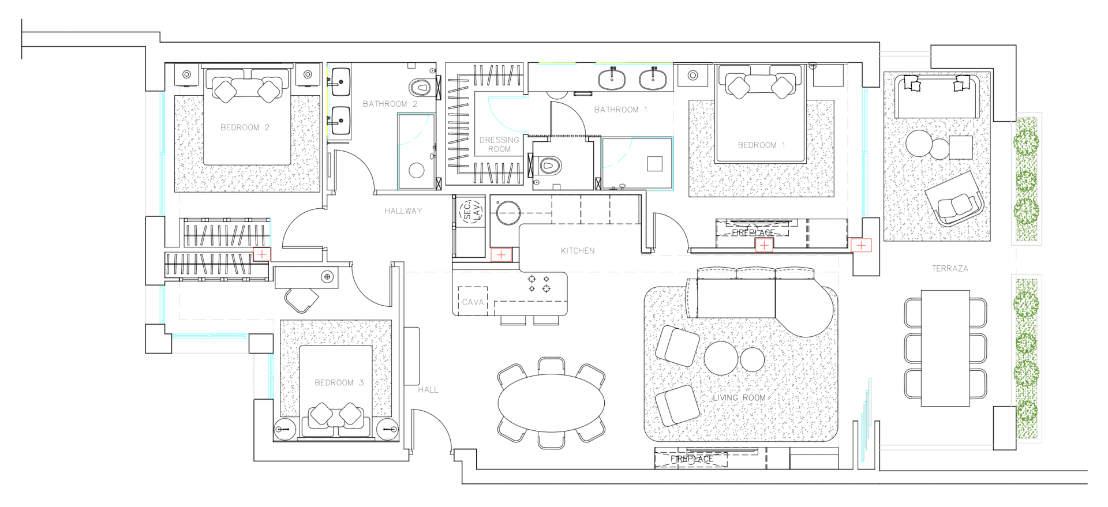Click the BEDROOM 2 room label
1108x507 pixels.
coord(245,127)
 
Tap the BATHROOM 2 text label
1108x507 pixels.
coord(390,104)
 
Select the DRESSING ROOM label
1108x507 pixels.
coord(499,144)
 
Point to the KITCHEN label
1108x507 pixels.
coord(578,251)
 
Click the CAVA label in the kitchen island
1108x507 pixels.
coord(473,302)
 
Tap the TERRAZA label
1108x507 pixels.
coord(950,269)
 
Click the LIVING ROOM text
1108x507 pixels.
coord(739,398)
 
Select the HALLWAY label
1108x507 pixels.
coord(403,211)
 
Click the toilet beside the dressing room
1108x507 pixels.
coord(548,166)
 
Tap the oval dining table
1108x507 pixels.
coord(551,403)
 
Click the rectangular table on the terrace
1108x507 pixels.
coord(945,348)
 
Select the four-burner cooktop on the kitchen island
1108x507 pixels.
coord(539,284)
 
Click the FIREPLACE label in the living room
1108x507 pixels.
coord(691,459)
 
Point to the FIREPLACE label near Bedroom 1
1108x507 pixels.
coord(753,233)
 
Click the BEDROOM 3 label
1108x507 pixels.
coord(339,383)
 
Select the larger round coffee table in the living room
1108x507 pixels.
coord(721,358)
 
